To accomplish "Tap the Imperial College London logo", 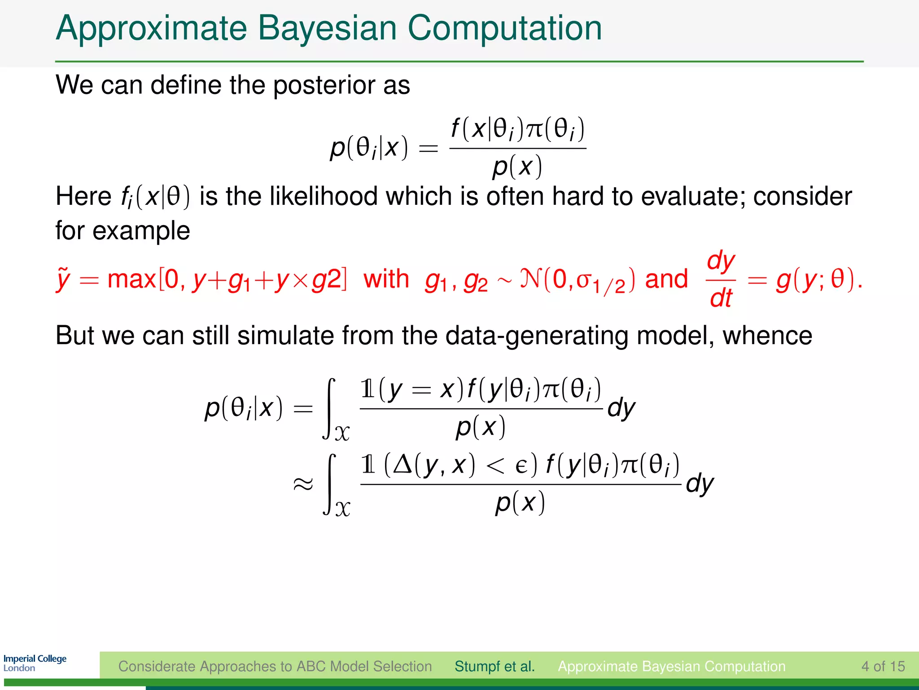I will (35, 663).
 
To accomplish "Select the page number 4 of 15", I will (883, 666).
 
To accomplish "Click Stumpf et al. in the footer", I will (495, 666).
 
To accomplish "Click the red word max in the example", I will (131, 279).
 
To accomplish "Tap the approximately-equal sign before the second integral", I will (303, 484).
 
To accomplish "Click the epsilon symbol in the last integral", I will (521, 465).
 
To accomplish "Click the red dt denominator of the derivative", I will (721, 298).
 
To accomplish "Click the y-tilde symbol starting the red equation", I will (63, 279).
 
